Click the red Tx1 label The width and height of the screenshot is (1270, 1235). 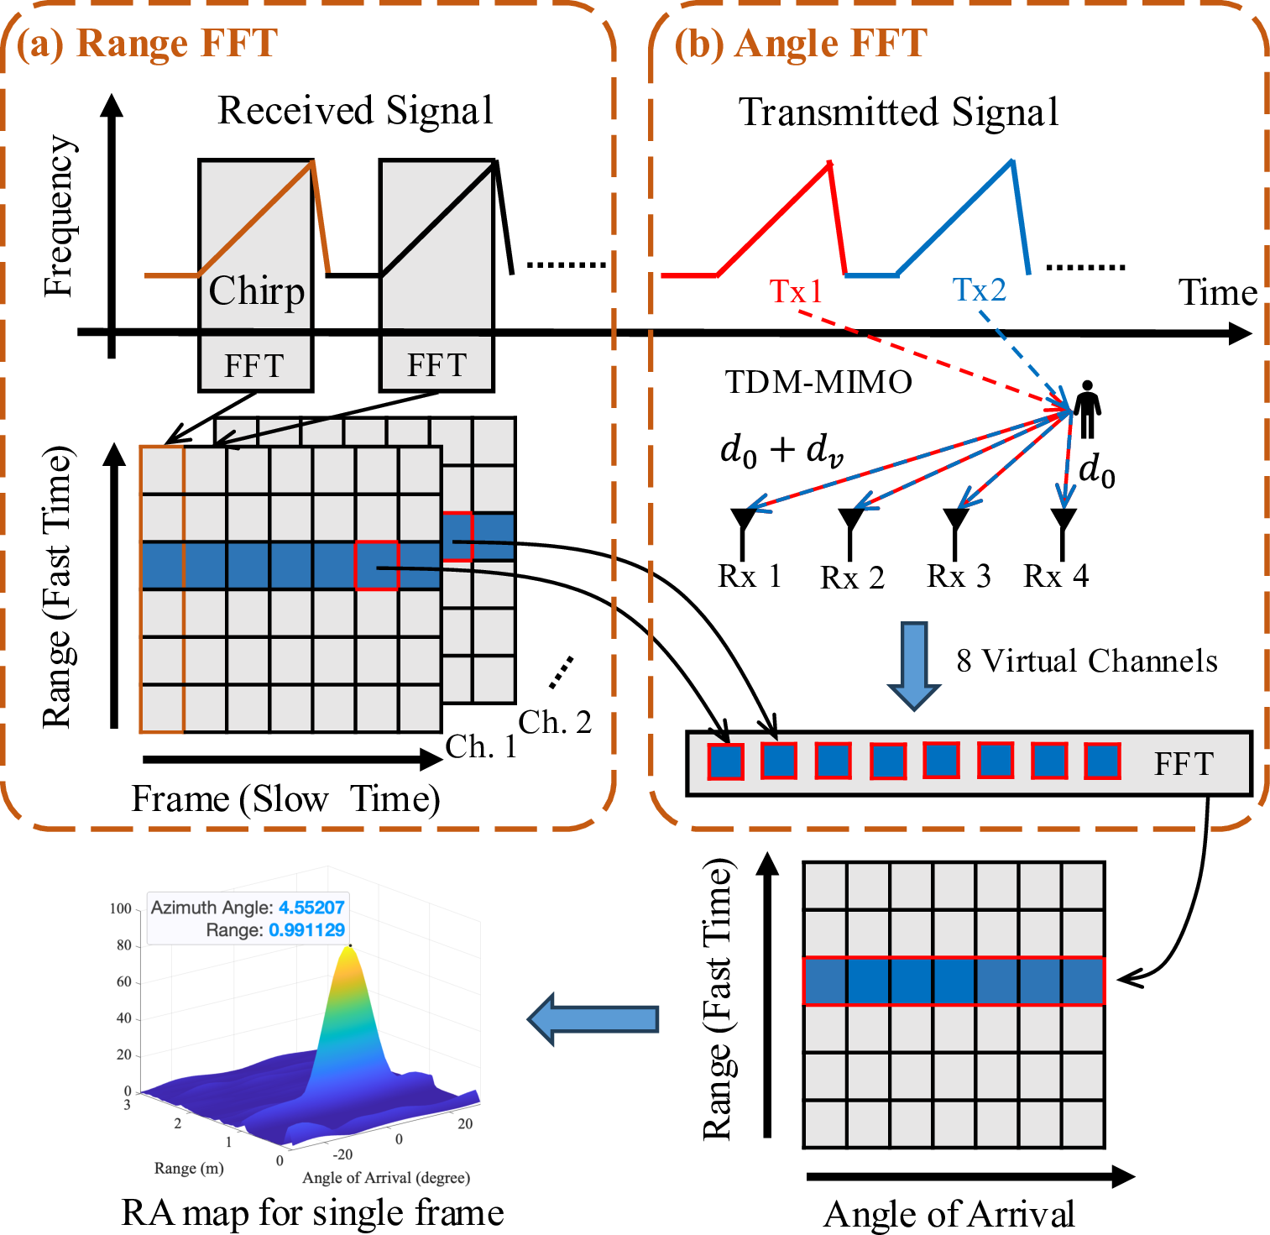click(796, 291)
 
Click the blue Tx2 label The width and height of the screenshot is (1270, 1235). click(979, 290)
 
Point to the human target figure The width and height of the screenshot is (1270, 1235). click(1088, 410)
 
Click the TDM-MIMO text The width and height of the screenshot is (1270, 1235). click(818, 382)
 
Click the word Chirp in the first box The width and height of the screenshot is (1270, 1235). click(256, 291)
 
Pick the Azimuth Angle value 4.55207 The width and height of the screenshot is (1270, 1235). click(311, 908)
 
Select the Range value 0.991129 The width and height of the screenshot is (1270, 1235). click(306, 930)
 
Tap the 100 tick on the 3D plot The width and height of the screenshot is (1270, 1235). click(121, 908)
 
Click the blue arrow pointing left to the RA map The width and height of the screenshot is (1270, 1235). click(593, 1018)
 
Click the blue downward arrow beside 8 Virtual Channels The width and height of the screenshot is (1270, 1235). click(914, 664)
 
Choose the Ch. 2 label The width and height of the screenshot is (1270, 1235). click(555, 722)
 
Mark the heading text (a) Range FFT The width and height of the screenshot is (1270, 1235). click(147, 44)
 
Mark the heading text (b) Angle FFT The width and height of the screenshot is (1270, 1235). click(801, 44)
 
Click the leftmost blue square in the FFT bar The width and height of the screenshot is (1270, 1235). click(726, 761)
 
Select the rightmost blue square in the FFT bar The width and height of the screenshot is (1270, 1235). click(1102, 761)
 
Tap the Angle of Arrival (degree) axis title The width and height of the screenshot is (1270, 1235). click(386, 1178)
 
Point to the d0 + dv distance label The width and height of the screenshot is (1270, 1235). click(781, 450)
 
